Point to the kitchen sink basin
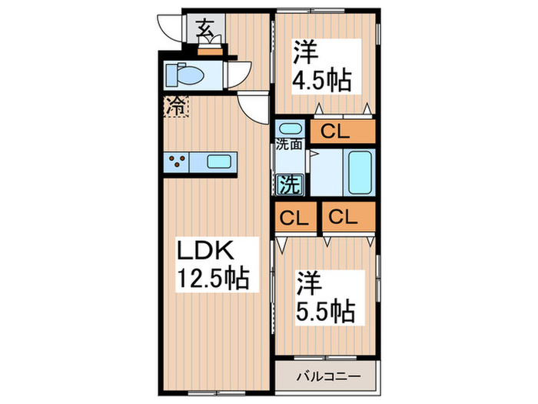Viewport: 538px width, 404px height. tap(219, 162)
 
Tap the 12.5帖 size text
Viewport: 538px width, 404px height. tap(214, 279)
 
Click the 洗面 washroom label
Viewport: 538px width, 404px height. tap(289, 143)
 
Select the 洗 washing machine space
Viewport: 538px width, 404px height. tap(289, 184)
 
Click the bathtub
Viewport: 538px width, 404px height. tap(360, 172)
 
